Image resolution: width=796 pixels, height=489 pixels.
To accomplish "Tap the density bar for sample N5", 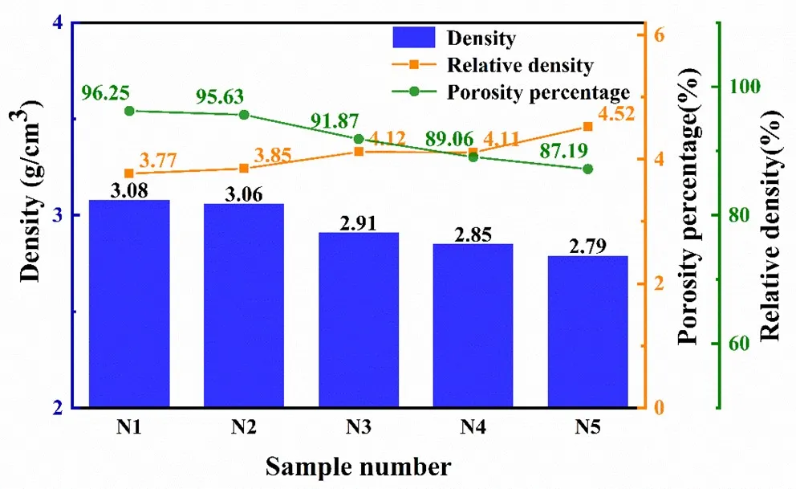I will click(x=588, y=331).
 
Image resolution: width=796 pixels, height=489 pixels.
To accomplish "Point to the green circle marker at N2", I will click(x=244, y=115).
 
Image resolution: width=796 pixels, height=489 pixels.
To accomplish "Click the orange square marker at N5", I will click(x=587, y=126).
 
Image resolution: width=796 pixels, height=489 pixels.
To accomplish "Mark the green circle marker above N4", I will click(x=473, y=157).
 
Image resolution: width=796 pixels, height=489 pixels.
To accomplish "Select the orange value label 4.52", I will click(x=617, y=114).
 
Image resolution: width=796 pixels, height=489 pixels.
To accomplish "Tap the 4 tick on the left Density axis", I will click(x=57, y=23).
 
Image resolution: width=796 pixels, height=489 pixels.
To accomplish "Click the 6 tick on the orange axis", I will click(x=659, y=35).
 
